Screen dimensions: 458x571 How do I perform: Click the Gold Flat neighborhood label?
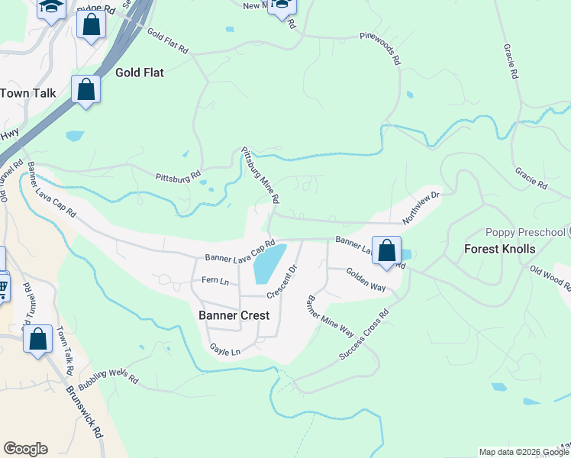pyautogui.click(x=140, y=73)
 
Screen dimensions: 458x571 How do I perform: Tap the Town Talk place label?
pyautogui.click(x=28, y=92)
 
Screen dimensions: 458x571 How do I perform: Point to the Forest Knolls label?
pyautogui.click(x=500, y=249)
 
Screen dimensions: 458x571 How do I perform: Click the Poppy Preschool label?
pyautogui.click(x=525, y=232)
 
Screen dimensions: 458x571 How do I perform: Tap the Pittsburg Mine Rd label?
pyautogui.click(x=260, y=175)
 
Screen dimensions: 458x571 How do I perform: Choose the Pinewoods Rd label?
pyautogui.click(x=382, y=47)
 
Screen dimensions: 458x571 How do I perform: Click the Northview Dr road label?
pyautogui.click(x=422, y=207)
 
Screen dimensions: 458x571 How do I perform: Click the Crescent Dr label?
pyautogui.click(x=281, y=282)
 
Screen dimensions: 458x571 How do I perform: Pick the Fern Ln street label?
pyautogui.click(x=215, y=281)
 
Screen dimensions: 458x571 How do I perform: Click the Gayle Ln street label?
pyautogui.click(x=225, y=350)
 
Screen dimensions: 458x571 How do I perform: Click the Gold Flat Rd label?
pyautogui.click(x=168, y=41)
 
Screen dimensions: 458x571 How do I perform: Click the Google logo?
pyautogui.click(x=25, y=449)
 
